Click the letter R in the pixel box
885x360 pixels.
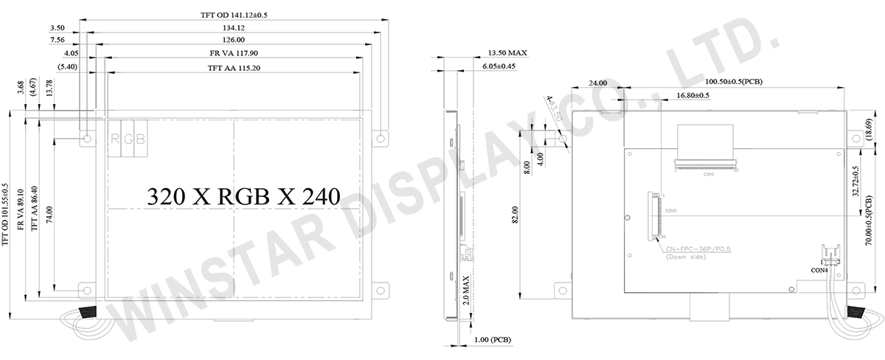tap(115, 139)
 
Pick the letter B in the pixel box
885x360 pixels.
tap(139, 139)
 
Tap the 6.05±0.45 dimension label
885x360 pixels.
tap(499, 66)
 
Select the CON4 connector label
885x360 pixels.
tap(819, 271)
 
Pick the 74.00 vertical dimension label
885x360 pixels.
tap(48, 209)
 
